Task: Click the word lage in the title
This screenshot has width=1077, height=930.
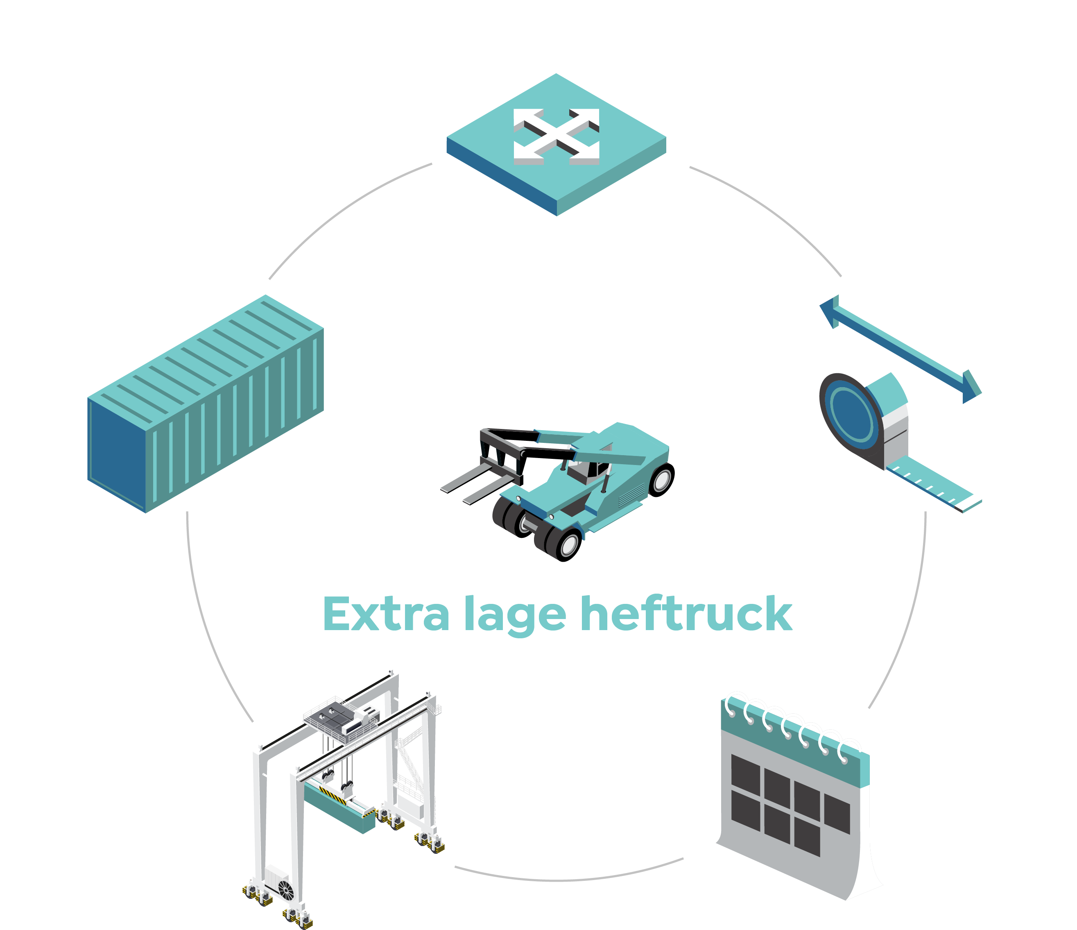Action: pyautogui.click(x=515, y=616)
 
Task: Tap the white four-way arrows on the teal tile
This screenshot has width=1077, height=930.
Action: pyautogui.click(x=556, y=137)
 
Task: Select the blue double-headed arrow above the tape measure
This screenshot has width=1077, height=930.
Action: pyautogui.click(x=900, y=349)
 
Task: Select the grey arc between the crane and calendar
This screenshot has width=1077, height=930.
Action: pyautogui.click(x=569, y=880)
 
